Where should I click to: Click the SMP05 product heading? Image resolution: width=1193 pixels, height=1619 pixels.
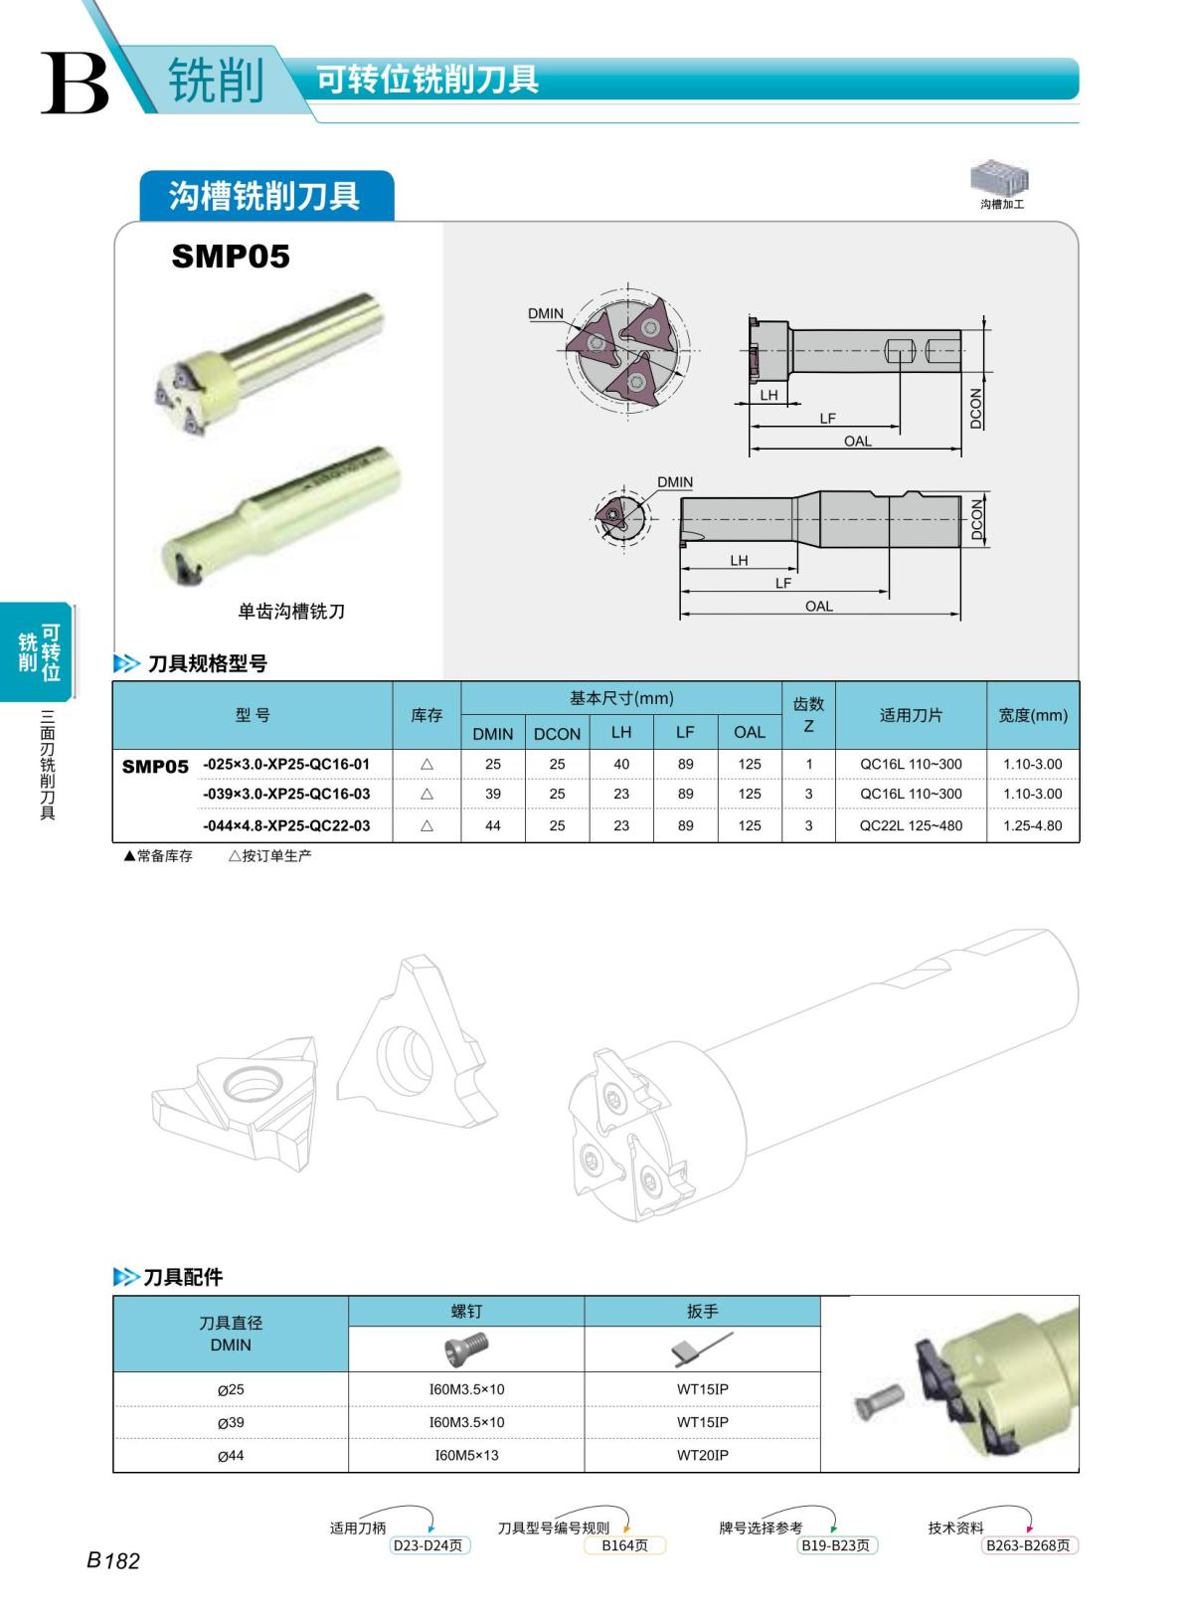tap(230, 257)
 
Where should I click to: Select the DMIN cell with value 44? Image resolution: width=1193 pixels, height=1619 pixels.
tap(492, 825)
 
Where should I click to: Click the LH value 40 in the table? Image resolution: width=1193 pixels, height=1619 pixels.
tap(620, 764)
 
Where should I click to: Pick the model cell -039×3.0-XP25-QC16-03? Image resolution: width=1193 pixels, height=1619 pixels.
tap(286, 794)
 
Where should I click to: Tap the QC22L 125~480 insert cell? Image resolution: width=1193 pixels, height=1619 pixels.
tap(911, 825)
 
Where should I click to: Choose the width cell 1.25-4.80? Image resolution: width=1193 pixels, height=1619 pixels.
tap(1032, 825)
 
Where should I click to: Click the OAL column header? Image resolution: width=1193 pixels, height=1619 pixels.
tap(749, 732)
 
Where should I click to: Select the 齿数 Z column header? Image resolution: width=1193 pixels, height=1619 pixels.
tap(808, 715)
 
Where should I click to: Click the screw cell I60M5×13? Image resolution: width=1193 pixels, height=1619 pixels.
tap(466, 1455)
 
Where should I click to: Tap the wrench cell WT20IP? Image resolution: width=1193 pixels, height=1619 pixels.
tap(702, 1455)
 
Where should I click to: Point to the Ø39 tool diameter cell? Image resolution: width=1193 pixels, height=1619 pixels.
tap(231, 1422)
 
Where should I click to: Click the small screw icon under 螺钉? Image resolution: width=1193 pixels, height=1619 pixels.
tap(466, 1349)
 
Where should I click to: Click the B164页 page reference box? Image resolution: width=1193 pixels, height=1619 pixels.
tap(624, 1545)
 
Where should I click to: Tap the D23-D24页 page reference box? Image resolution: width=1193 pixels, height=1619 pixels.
tap(427, 1545)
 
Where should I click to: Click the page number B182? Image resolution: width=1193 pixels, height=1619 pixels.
tap(112, 1560)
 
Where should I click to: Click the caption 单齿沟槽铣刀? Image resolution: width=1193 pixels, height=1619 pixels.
tap(291, 612)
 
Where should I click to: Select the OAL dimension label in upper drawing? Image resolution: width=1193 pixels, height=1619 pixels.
tap(857, 441)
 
